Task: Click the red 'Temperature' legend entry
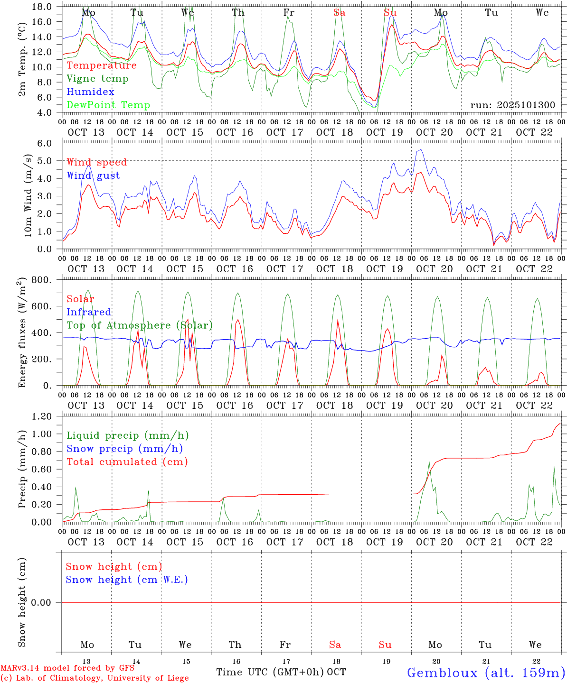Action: click(x=102, y=65)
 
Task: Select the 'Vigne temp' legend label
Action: click(x=97, y=79)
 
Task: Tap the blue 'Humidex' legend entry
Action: click(x=90, y=92)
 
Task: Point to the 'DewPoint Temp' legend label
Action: click(x=108, y=105)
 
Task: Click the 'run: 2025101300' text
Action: click(x=512, y=105)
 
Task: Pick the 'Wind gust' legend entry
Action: click(x=93, y=175)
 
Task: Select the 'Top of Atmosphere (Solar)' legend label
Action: click(x=140, y=325)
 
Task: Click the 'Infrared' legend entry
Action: click(x=89, y=312)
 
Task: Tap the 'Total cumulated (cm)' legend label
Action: click(x=127, y=461)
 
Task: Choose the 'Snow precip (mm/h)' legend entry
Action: click(x=124, y=449)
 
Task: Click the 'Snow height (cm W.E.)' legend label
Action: click(x=127, y=580)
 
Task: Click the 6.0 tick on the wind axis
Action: click(x=47, y=143)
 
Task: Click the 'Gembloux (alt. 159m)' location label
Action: click(x=486, y=673)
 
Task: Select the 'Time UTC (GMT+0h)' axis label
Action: click(x=270, y=672)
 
